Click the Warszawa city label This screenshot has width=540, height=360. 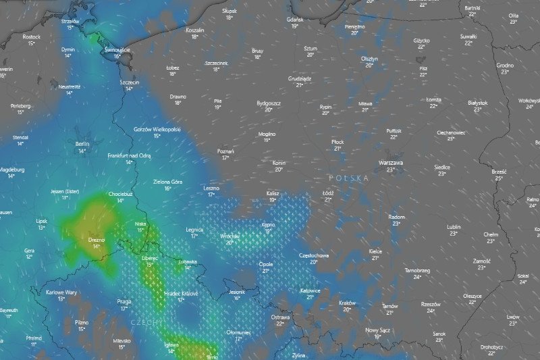[390, 163]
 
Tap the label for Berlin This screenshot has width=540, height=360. [82, 144]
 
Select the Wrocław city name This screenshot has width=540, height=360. [230, 236]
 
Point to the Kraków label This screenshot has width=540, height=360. [347, 303]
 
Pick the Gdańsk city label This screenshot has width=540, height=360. [295, 20]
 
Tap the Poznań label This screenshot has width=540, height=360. [225, 151]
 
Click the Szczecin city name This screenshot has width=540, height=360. [129, 82]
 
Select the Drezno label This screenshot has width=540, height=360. [97, 239]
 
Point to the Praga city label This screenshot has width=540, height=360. [124, 301]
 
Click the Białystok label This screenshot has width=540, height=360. [477, 103]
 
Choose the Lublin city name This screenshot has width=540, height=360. [453, 226]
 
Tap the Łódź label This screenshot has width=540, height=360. [329, 192]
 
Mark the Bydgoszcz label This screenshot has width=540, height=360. [269, 103]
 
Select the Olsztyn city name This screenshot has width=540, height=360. [369, 58]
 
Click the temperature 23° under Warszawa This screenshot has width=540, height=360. [390, 170]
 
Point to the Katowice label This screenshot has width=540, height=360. [310, 290]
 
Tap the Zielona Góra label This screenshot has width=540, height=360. [168, 181]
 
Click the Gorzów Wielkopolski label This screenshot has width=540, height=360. [157, 128]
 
